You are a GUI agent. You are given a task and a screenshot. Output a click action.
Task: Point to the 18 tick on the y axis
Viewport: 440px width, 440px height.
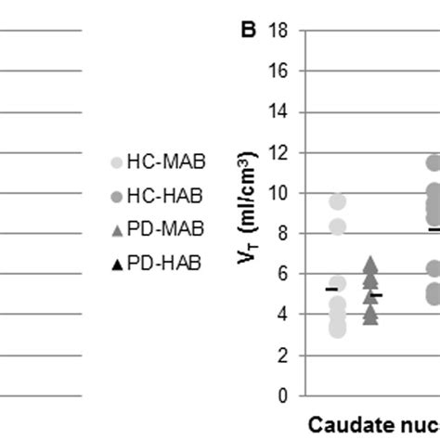click(275, 31)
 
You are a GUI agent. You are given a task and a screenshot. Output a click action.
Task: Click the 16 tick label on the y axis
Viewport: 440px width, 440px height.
click(275, 71)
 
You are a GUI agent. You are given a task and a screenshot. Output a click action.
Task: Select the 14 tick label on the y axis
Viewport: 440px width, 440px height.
click(275, 112)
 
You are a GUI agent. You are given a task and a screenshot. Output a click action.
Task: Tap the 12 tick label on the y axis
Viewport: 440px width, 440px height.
click(275, 152)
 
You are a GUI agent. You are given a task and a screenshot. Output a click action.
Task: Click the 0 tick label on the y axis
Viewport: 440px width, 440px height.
click(278, 395)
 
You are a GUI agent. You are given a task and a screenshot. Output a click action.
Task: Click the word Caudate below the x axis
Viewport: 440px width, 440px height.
click(348, 425)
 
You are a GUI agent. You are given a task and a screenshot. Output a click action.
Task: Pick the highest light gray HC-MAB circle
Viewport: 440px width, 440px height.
click(337, 201)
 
